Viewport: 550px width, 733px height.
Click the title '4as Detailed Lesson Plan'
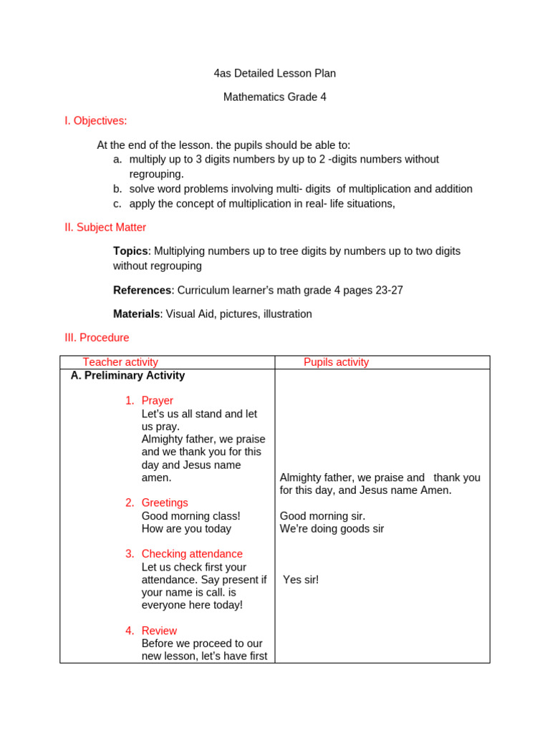274,73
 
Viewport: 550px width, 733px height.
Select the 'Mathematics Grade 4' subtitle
274,97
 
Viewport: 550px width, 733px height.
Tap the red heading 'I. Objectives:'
95,121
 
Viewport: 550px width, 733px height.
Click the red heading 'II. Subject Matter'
105,228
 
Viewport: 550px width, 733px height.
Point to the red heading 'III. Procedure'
97,337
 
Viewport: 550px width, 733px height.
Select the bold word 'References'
142,290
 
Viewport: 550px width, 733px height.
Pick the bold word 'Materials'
136,314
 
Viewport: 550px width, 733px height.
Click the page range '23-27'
387,290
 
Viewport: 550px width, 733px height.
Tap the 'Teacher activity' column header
120,362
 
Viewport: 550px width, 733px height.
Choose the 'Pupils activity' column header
336,362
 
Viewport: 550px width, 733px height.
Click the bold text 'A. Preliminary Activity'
127,375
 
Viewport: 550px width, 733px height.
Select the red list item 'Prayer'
157,401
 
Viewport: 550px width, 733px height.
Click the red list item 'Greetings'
165,503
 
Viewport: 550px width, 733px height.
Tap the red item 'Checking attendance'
192,554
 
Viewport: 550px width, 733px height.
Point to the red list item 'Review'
159,631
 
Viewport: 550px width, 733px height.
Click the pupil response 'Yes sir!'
301,580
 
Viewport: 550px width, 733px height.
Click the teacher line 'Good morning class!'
190,516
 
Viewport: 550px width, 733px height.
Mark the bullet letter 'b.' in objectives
117,189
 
